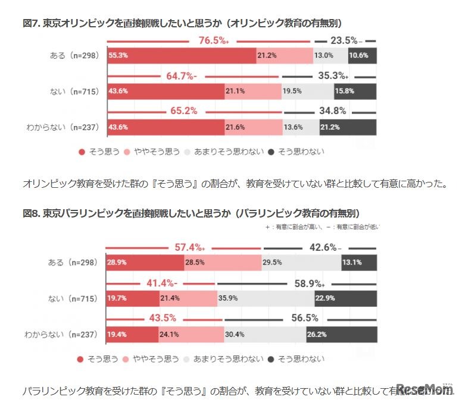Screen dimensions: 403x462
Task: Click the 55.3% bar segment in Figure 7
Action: pyautogui.click(x=181, y=55)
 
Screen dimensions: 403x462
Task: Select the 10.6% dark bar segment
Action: pyautogui.click(x=363, y=55)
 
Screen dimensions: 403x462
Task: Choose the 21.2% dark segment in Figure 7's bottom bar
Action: pyautogui.click(x=357, y=127)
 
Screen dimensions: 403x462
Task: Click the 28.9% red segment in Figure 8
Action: pyautogui.click(x=145, y=262)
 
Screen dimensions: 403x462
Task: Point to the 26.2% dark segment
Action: pyautogui.click(x=342, y=335)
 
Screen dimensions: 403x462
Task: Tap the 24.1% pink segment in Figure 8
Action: pyautogui.click(x=191, y=335)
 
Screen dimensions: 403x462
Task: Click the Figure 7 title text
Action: pyautogui.click(x=182, y=23)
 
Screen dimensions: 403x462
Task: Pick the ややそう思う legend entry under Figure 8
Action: pyautogui.click(x=152, y=358)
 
